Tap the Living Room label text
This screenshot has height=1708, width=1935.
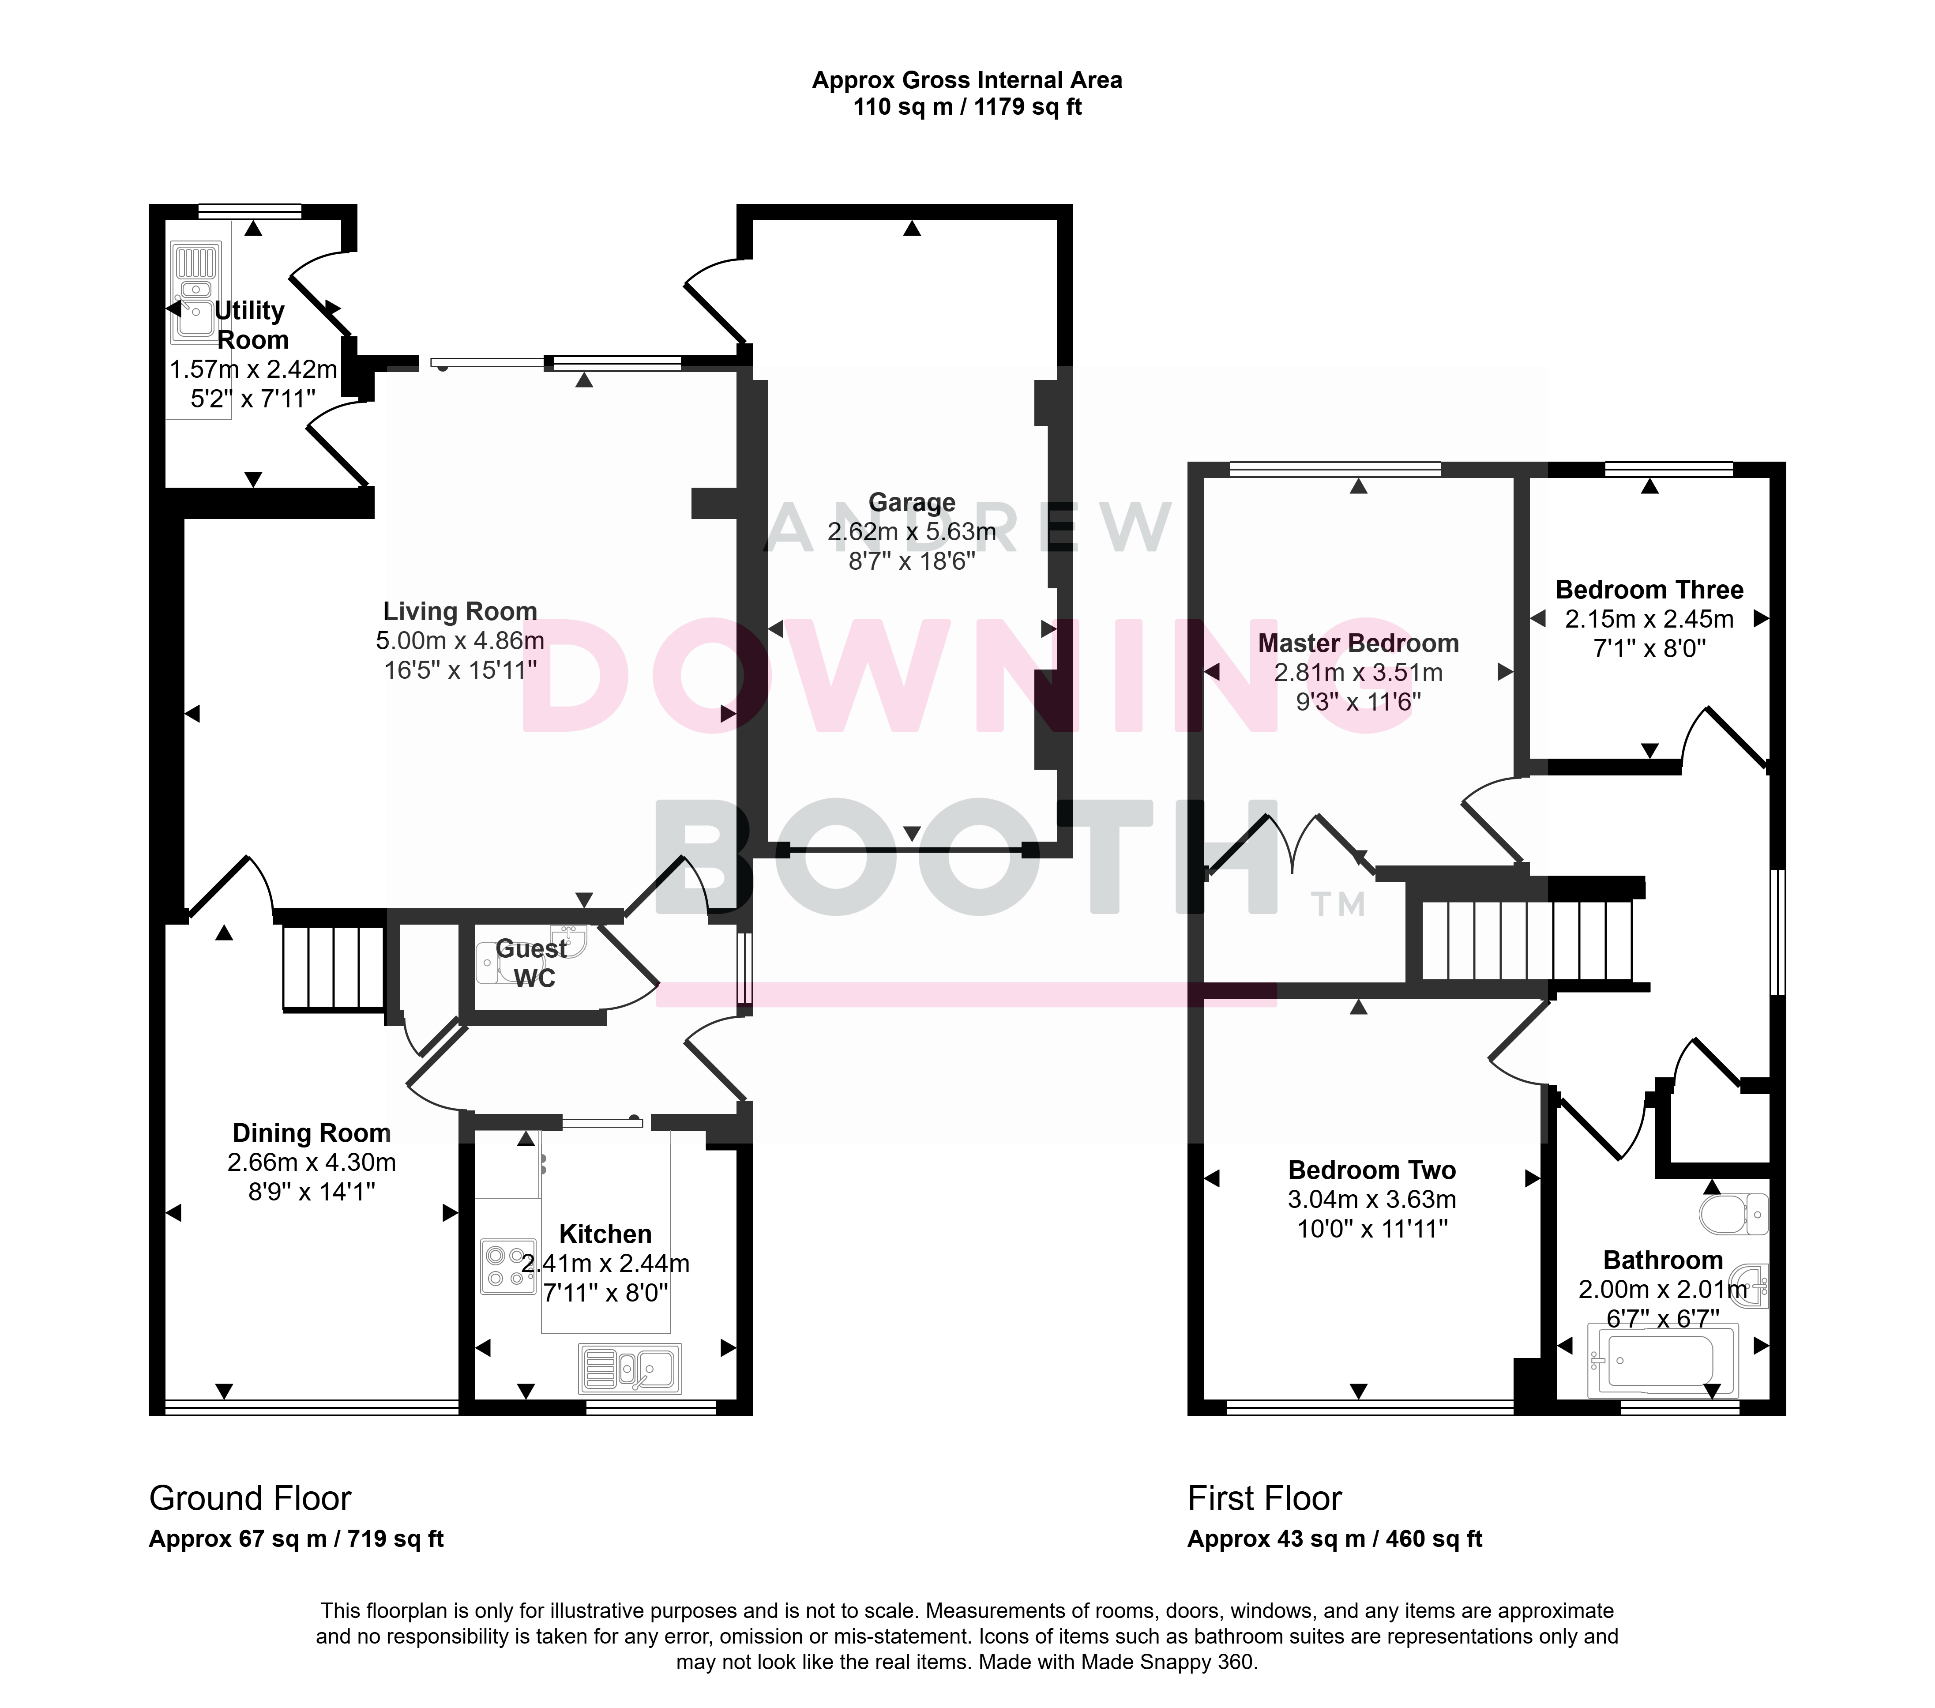tap(460, 612)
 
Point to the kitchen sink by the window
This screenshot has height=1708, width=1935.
tap(630, 1368)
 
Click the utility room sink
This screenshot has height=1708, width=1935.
tap(194, 291)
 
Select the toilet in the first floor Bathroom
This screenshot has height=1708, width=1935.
tap(1734, 1214)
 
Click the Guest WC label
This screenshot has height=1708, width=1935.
tap(532, 963)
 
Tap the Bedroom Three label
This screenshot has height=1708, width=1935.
tap(1649, 590)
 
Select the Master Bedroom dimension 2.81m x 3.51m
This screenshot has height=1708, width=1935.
tap(1359, 673)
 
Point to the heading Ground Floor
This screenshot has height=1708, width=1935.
tap(250, 1499)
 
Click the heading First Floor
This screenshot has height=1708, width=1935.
tap(1265, 1499)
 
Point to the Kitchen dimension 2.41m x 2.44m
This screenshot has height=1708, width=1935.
tap(606, 1263)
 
